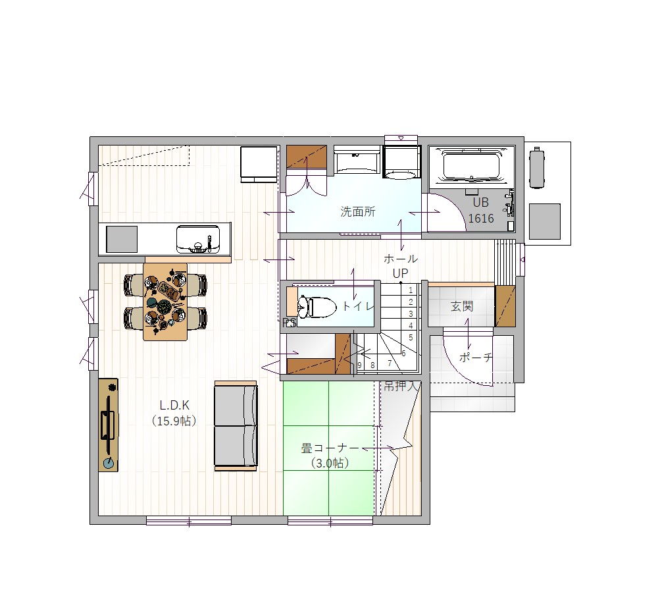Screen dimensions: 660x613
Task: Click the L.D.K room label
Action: point(174,406)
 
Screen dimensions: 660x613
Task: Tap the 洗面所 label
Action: point(358,211)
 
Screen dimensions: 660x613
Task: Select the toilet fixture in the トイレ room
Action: point(317,307)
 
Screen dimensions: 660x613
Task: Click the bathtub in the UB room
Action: point(471,167)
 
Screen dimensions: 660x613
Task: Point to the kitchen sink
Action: point(198,239)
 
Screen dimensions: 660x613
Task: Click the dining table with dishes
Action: point(165,302)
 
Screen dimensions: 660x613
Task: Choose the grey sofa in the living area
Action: point(236,426)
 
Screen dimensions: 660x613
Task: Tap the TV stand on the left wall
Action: point(108,425)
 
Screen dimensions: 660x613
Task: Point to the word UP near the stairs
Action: point(400,273)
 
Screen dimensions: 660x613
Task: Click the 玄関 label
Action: point(462,306)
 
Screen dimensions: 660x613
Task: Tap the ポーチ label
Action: point(476,358)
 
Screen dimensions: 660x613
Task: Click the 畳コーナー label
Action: point(330,448)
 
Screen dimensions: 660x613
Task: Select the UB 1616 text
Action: point(481,210)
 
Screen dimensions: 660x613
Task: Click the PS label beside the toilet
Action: point(289,323)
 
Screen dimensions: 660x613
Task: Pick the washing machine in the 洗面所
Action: point(401,162)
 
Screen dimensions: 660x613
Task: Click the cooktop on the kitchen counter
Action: point(122,239)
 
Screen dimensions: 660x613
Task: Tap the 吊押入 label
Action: point(402,385)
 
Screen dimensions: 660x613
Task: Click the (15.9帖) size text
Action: point(174,421)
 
